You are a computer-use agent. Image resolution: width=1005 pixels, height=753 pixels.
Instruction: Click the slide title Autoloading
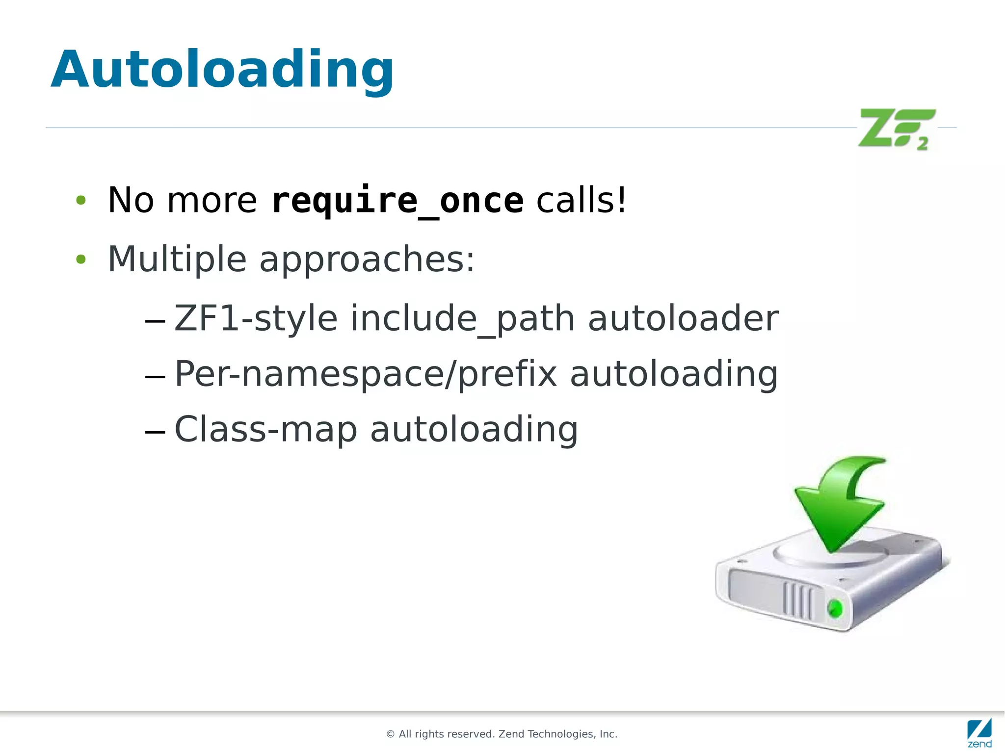(222, 70)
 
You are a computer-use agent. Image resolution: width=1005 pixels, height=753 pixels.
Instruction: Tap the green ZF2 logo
(896, 129)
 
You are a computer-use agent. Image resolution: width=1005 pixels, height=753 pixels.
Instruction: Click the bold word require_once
(397, 201)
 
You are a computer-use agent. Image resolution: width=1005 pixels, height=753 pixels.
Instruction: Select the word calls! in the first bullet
(582, 200)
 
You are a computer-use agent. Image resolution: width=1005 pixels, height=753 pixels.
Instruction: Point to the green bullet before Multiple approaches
(81, 259)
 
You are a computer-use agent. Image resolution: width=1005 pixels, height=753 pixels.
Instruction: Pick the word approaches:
(367, 260)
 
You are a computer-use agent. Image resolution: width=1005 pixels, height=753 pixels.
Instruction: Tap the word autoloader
(683, 318)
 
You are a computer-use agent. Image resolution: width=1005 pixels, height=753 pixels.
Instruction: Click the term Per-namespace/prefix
(366, 374)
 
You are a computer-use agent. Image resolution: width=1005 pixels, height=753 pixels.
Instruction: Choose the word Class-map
(265, 430)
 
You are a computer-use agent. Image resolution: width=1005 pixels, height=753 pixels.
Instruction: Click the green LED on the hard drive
(835, 609)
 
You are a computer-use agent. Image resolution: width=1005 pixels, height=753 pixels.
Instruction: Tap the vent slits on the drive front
(797, 599)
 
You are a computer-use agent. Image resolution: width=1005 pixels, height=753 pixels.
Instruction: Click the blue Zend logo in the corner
(979, 732)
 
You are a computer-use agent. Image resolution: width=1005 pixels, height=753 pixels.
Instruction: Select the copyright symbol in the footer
(391, 734)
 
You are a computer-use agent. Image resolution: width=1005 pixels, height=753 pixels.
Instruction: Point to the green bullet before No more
(81, 200)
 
